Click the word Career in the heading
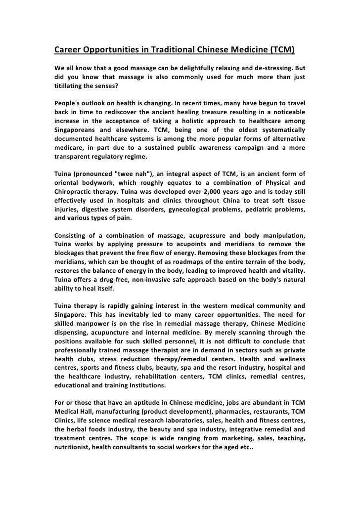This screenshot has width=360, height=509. [67, 50]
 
